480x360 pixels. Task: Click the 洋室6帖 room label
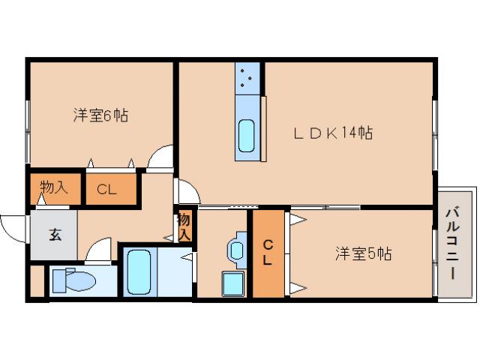pos(100,115)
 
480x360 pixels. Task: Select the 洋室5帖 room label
pos(362,253)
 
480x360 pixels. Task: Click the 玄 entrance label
pos(55,234)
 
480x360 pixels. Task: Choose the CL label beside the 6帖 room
pos(106,189)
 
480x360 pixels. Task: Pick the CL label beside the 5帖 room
pos(267,253)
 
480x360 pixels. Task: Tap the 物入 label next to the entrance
pos(54,187)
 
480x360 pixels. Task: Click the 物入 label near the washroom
pos(184,226)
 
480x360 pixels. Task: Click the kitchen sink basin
pos(247,135)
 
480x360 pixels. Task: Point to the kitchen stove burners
pos(247,76)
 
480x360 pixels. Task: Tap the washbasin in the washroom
pos(238,250)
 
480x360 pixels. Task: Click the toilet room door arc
pos(97,250)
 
